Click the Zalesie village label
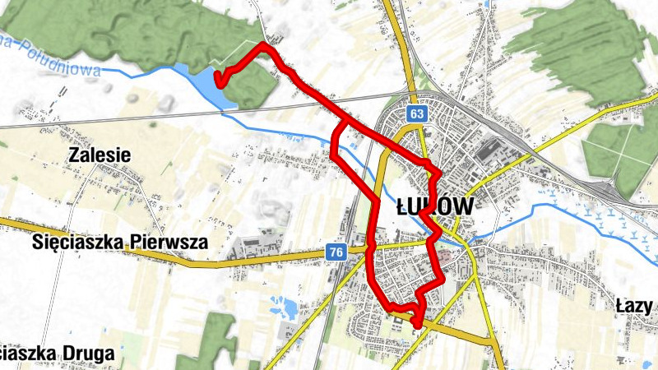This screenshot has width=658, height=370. (100, 155)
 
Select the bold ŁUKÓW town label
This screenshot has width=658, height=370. (434, 206)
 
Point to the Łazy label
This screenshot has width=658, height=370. (634, 307)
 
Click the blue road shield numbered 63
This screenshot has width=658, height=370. (418, 113)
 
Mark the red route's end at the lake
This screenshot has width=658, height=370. (218, 79)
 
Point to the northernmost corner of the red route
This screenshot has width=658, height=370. (263, 45)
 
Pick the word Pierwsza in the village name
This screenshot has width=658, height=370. (168, 243)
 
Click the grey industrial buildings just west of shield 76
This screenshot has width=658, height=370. (254, 244)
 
